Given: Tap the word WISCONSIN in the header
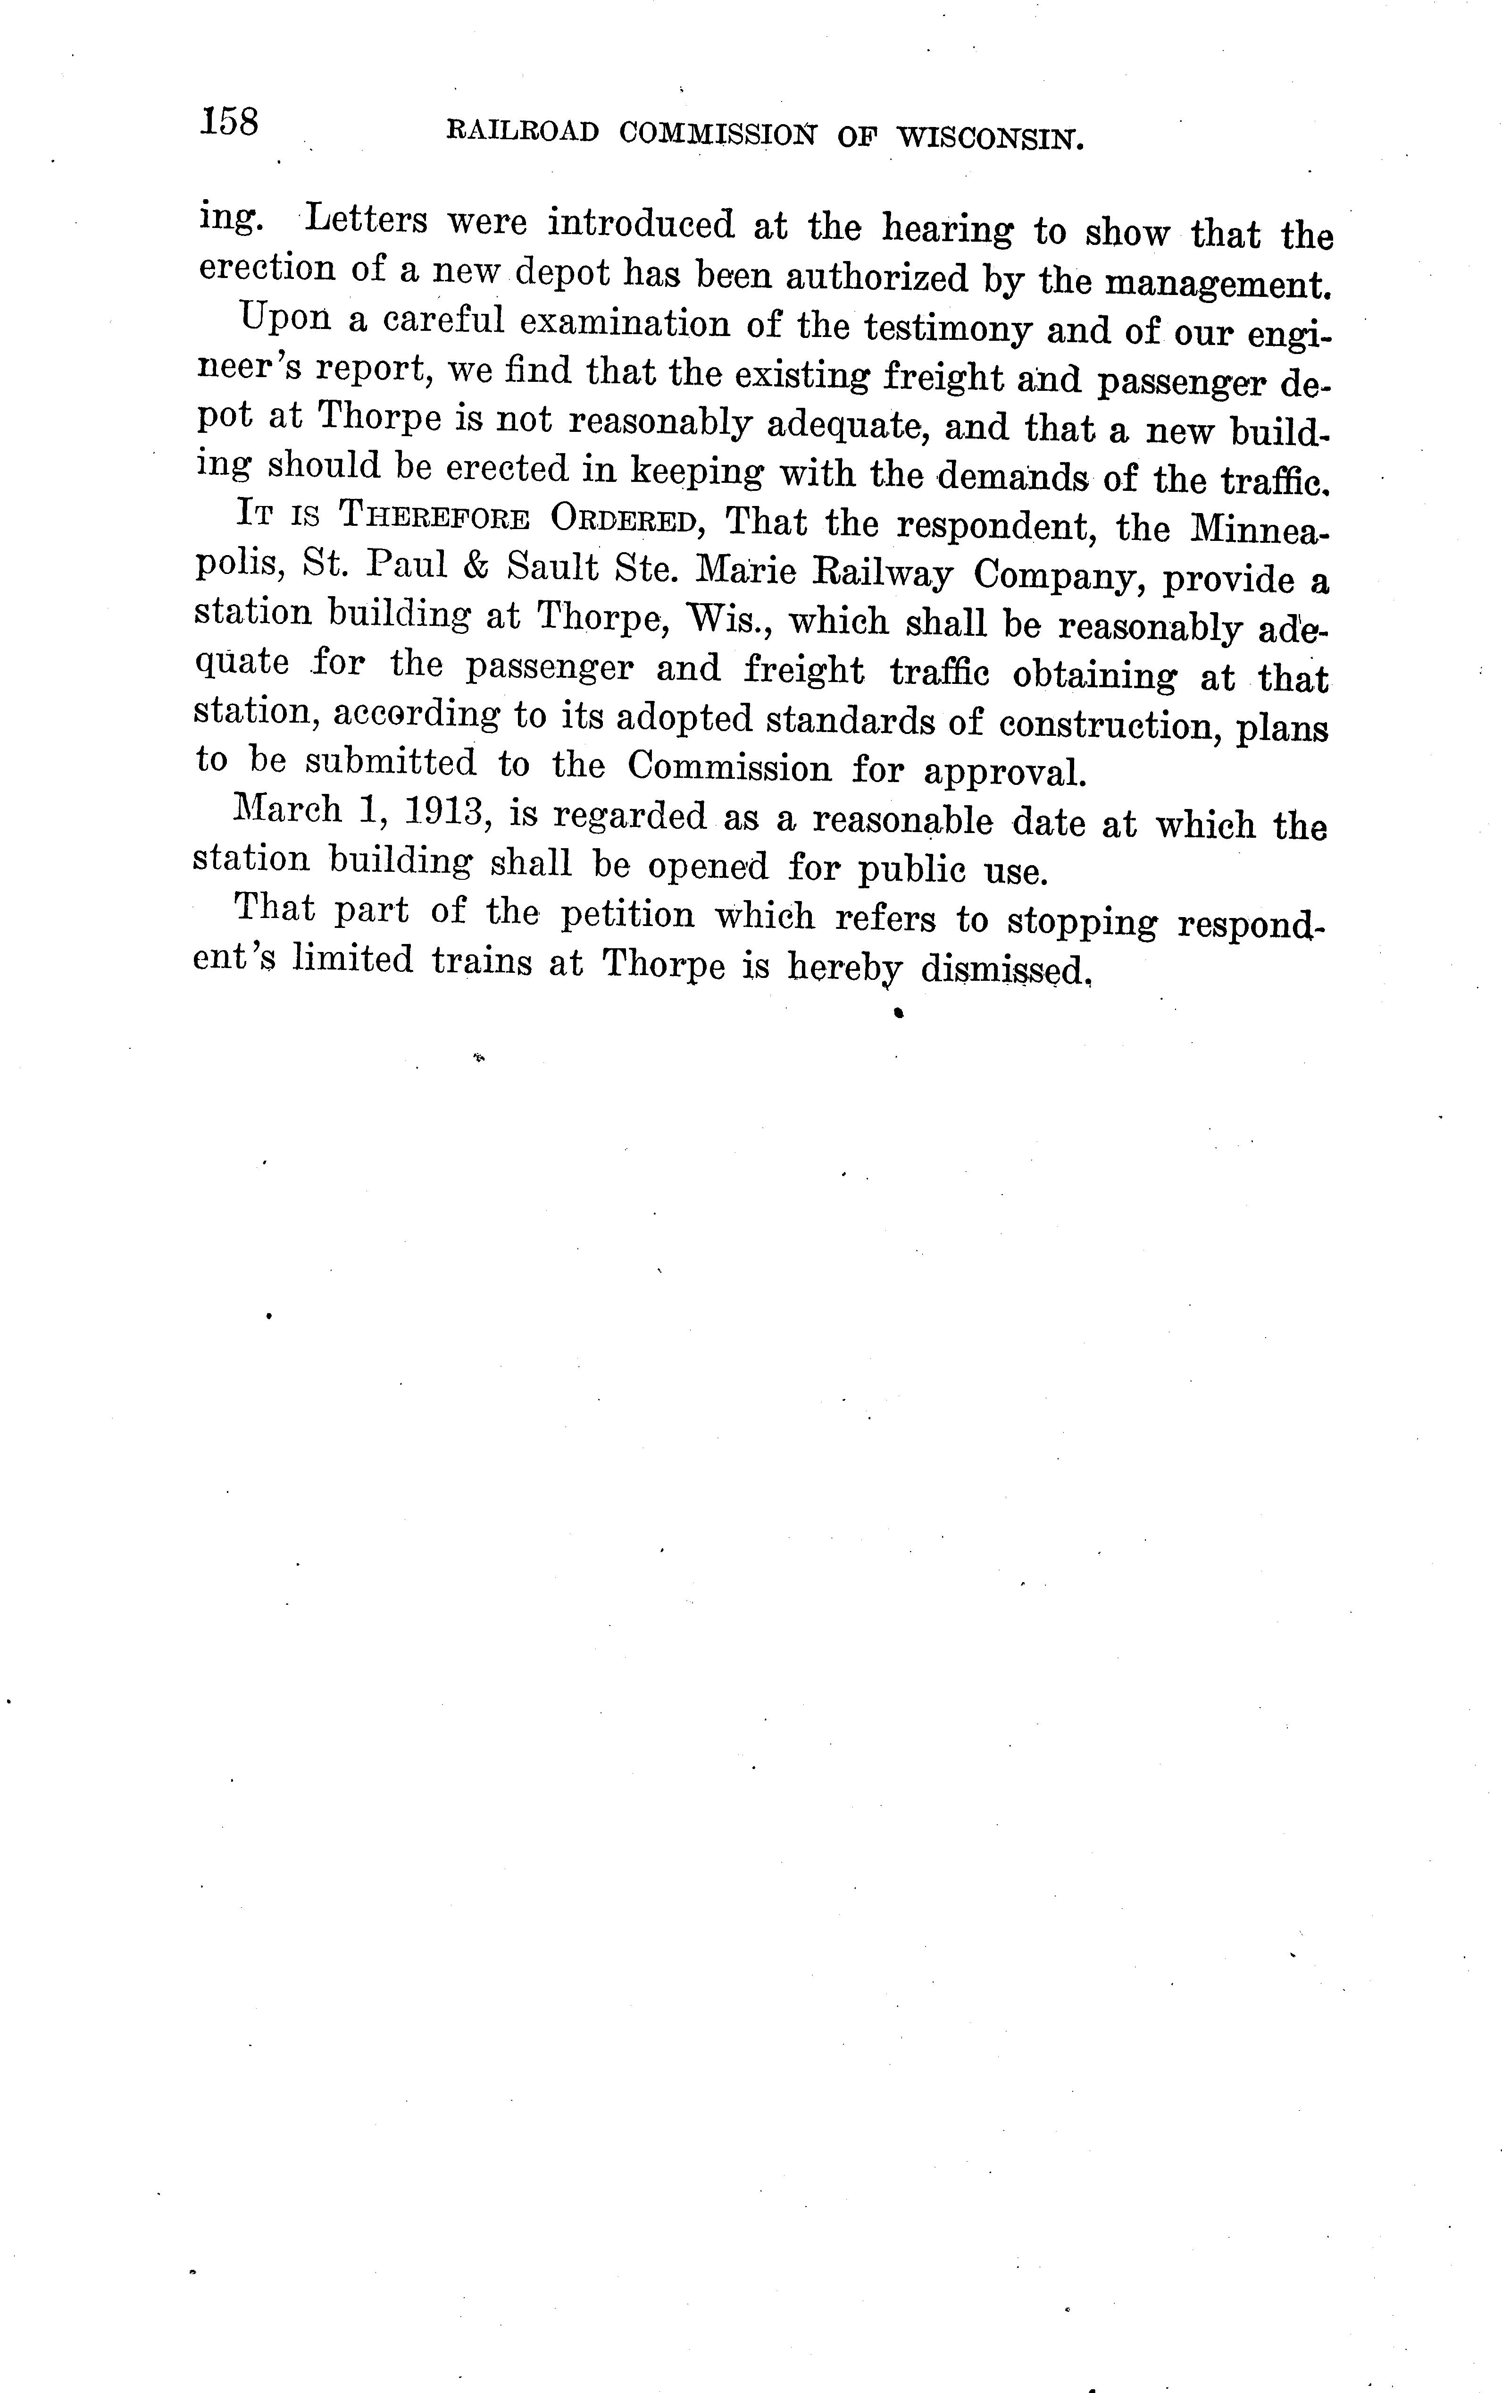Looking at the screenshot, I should (989, 138).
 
